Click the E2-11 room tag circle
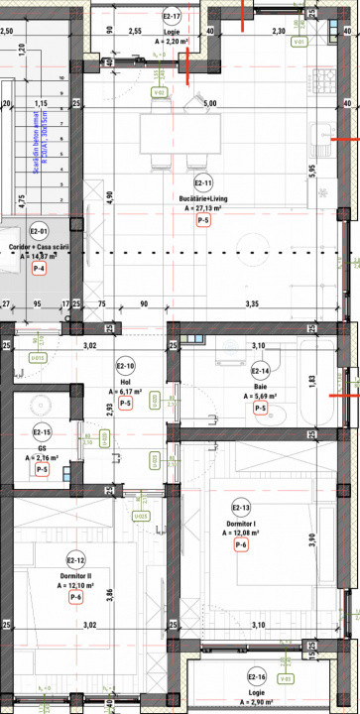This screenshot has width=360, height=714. (x=202, y=183)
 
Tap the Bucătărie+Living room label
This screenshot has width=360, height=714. (x=202, y=198)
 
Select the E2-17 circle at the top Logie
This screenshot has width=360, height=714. (x=172, y=17)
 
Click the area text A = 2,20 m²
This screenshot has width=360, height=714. (x=172, y=42)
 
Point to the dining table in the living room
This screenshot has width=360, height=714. (x=170, y=129)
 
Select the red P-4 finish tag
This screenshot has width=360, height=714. (x=40, y=269)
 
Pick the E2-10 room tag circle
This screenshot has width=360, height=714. (x=126, y=337)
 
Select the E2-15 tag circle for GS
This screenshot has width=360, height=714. (x=42, y=432)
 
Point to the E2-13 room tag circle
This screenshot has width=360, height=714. (x=239, y=507)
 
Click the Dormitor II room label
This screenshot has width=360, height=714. (x=75, y=574)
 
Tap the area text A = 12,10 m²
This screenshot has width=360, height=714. (x=75, y=585)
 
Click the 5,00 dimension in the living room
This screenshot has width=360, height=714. (x=209, y=103)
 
